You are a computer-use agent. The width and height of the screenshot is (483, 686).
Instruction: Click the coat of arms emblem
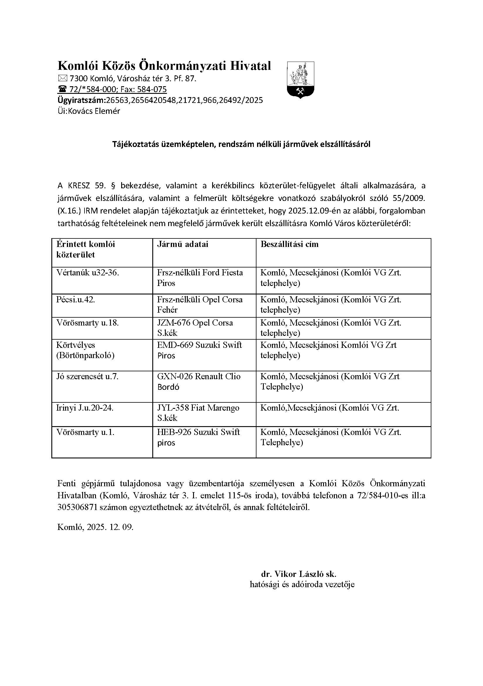(300, 80)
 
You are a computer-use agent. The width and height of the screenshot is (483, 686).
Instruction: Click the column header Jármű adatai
(183, 244)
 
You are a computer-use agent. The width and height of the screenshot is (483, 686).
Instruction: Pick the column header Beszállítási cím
(289, 244)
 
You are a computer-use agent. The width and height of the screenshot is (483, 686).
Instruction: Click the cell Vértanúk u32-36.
(87, 272)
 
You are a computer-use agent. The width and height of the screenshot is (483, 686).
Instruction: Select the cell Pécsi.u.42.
(76, 299)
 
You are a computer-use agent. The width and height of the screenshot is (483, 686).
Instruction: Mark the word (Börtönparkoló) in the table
(85, 355)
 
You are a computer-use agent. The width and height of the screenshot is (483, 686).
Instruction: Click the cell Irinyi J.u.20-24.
(85, 408)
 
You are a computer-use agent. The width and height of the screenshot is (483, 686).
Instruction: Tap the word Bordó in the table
(168, 387)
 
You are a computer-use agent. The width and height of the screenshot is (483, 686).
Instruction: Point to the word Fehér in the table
(167, 310)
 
